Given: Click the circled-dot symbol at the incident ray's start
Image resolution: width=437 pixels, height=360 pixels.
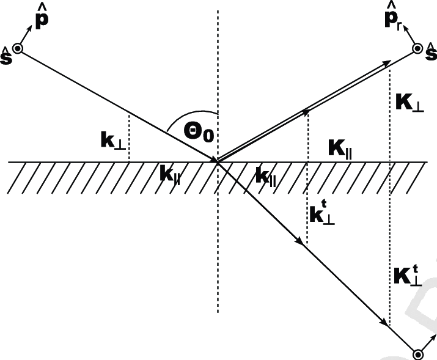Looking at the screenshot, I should pyautogui.click(x=18, y=49).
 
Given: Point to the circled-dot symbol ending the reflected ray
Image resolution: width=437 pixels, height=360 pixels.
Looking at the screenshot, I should pyautogui.click(x=418, y=48).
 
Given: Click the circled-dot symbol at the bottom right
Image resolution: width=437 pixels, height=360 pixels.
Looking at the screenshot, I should pyautogui.click(x=419, y=353).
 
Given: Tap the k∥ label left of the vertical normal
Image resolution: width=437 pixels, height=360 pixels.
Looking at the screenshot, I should pyautogui.click(x=172, y=174).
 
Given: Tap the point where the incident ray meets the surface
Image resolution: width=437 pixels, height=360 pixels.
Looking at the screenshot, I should pyautogui.click(x=218, y=161).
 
